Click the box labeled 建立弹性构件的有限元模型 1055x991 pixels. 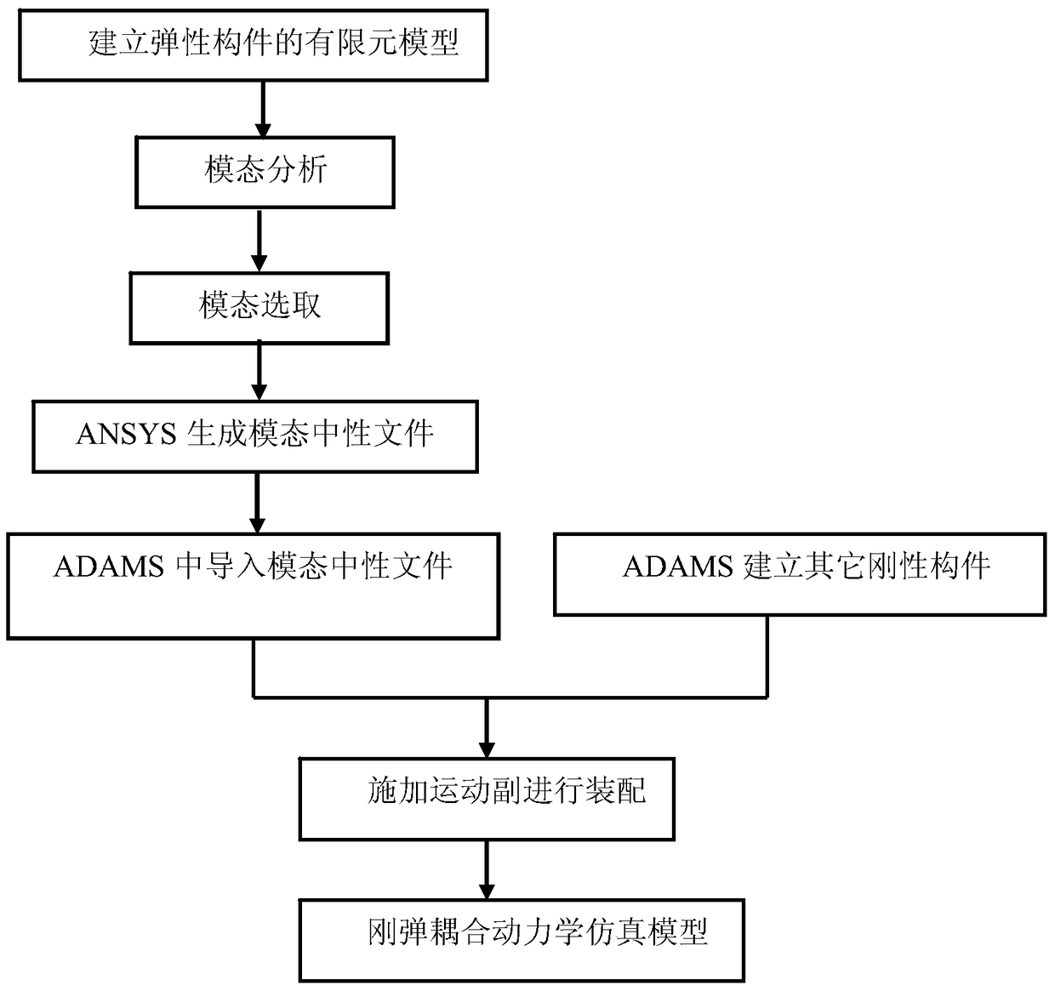(253, 44)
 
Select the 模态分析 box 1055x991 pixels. (265, 171)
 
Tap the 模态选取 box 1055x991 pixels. (259, 307)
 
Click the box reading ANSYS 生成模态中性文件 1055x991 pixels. (254, 436)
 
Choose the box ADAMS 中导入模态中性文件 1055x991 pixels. (253, 585)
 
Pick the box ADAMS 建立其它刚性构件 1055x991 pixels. (799, 573)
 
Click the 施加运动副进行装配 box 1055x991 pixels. (487, 798)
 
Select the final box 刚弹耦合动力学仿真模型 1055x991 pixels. (521, 939)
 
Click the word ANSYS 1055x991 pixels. (125, 435)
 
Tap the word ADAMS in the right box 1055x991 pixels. (677, 567)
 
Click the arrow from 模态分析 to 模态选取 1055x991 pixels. (259, 241)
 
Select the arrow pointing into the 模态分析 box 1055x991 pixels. (263, 109)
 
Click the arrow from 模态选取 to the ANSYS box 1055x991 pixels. (259, 373)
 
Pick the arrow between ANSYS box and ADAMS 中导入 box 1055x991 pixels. (257, 503)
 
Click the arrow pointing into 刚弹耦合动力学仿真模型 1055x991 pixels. (486, 869)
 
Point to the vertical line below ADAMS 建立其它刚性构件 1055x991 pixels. (767, 656)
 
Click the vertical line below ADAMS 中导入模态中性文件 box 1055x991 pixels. (254, 668)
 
